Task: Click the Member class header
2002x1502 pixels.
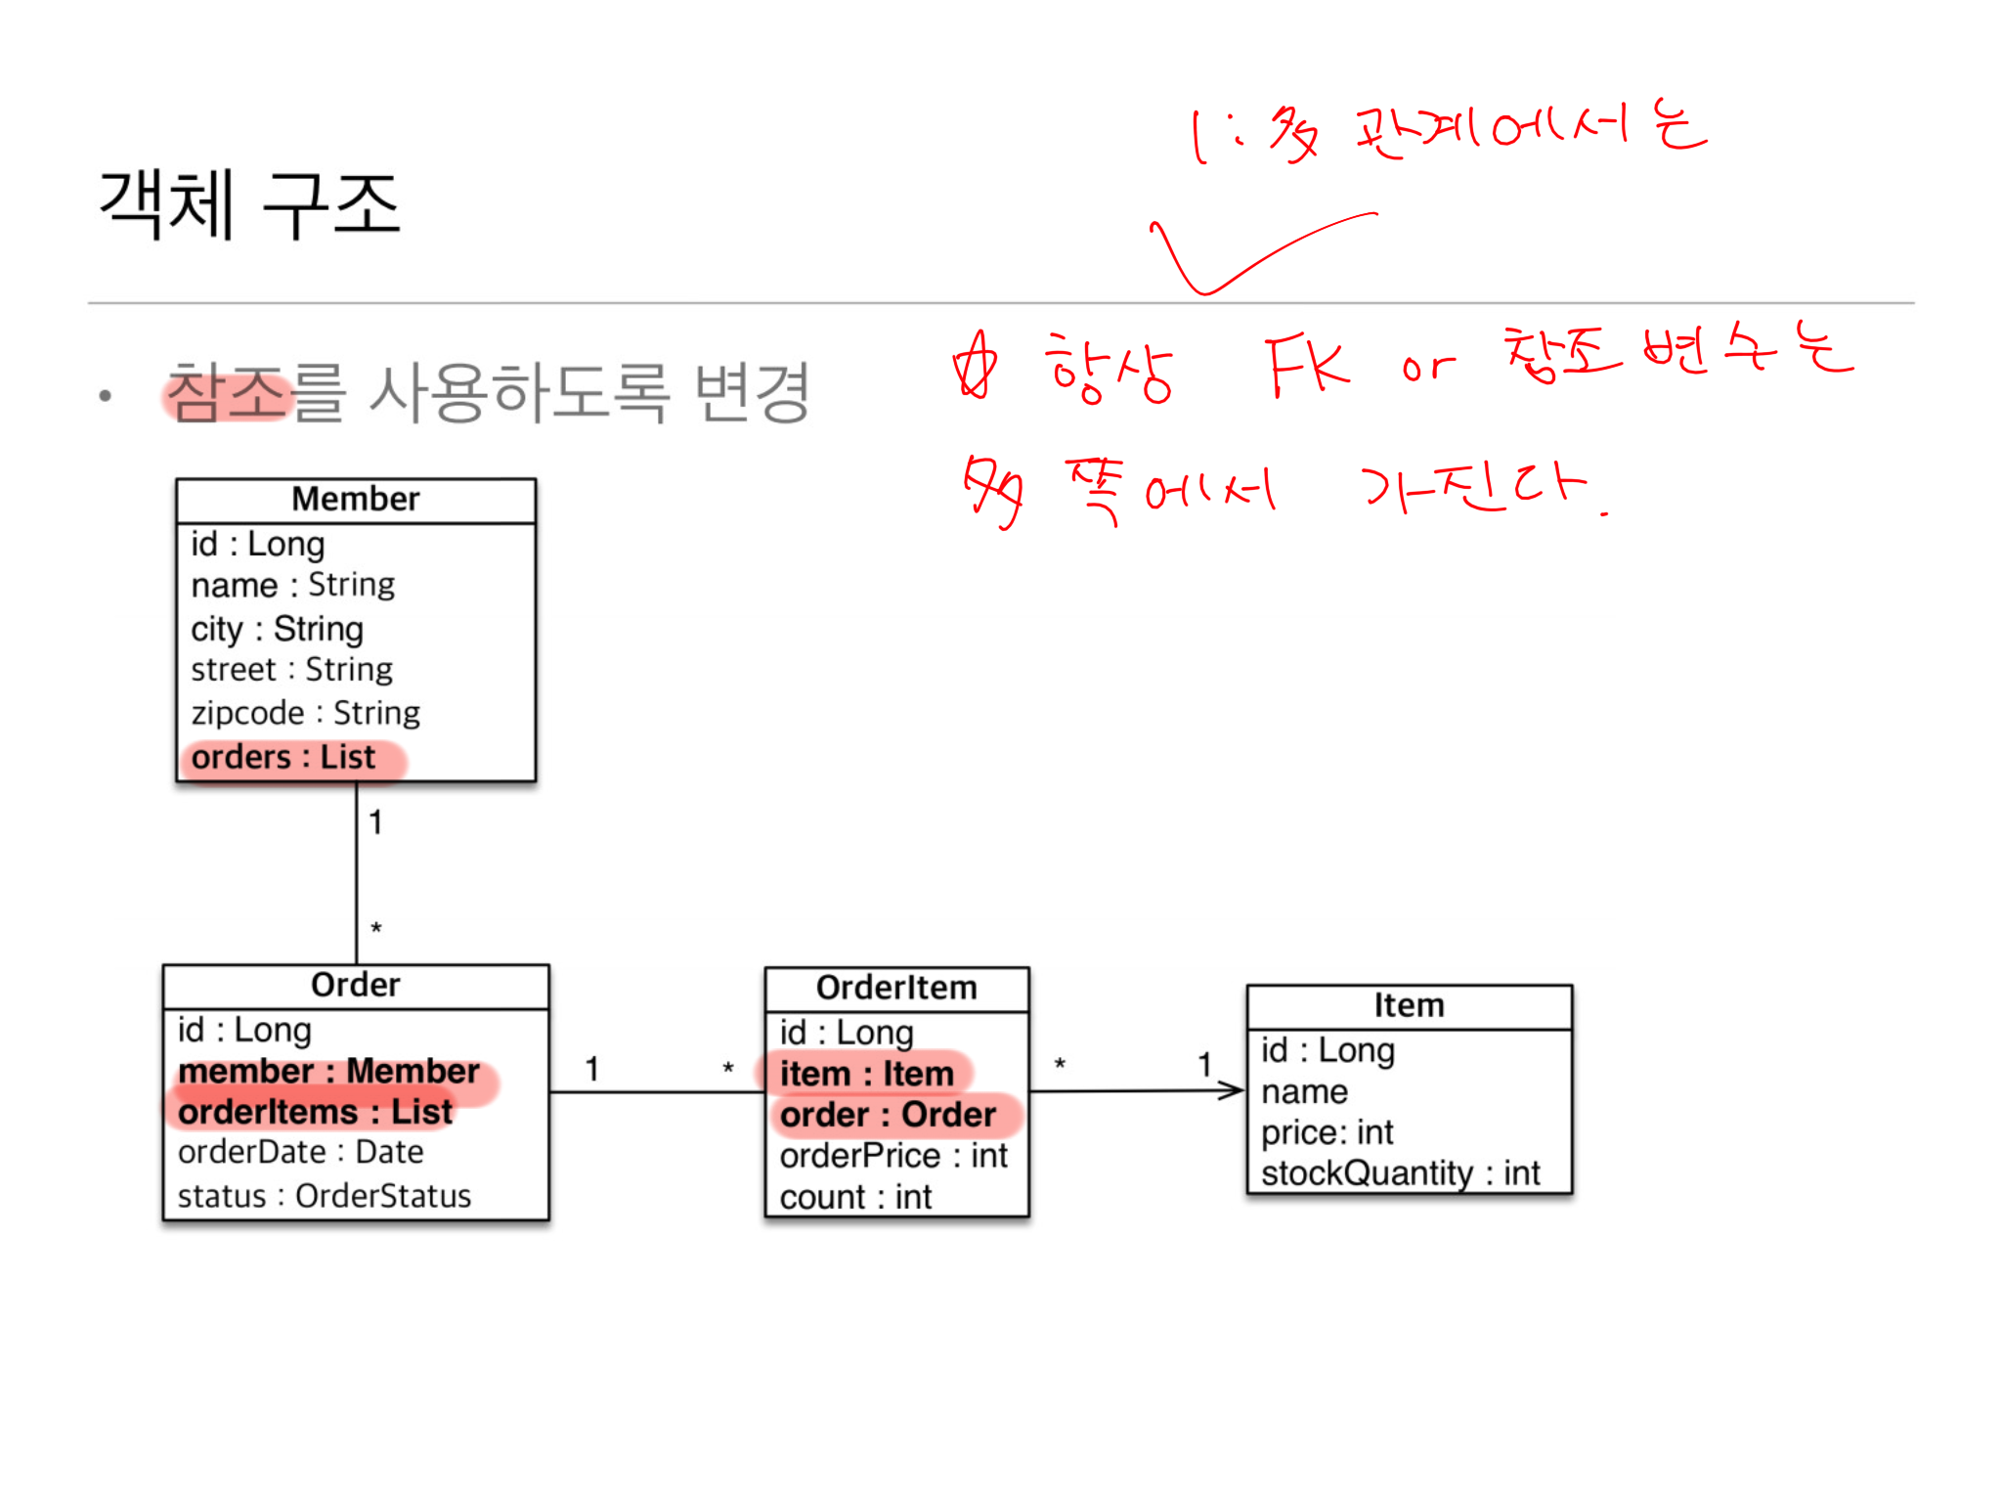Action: tap(356, 500)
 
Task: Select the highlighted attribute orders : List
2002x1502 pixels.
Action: tap(283, 758)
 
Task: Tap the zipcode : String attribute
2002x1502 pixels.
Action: tap(305, 713)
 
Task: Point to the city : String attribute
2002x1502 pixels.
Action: tap(277, 629)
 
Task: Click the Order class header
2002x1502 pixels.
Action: tap(356, 985)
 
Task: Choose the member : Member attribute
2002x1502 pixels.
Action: tap(328, 1072)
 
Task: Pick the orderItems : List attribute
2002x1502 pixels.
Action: tap(315, 1113)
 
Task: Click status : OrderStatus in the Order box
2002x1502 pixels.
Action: tap(324, 1196)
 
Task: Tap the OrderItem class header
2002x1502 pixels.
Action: tap(896, 988)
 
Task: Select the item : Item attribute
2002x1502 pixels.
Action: tap(866, 1074)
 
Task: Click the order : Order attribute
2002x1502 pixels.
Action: tap(888, 1115)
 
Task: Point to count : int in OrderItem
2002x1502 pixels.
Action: tap(855, 1198)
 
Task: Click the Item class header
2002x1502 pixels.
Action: tap(1409, 1005)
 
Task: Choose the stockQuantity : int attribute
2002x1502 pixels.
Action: tap(1400, 1173)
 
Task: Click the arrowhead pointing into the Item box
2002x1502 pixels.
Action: tap(1234, 1090)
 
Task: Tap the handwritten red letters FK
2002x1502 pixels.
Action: tap(1306, 367)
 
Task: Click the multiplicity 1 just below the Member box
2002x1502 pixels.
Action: tap(375, 822)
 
